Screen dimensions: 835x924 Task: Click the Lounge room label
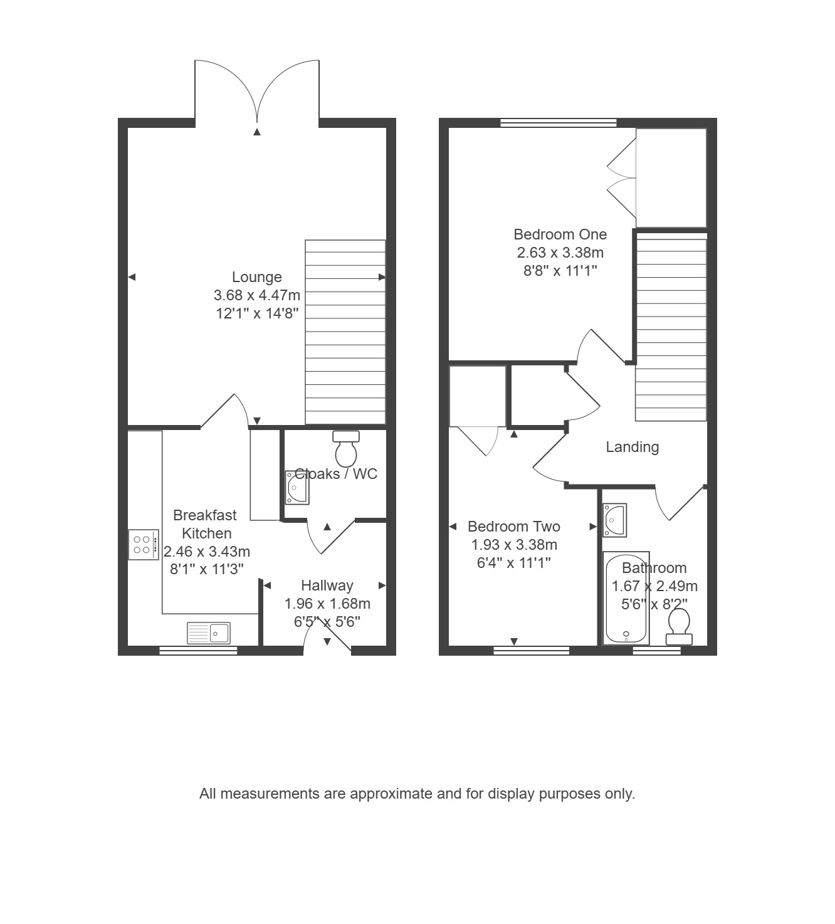256,277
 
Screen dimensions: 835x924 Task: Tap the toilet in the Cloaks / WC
345,449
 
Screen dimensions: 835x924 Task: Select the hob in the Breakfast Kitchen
144,545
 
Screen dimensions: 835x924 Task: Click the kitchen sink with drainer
208,633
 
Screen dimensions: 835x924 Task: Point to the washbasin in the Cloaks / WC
297,487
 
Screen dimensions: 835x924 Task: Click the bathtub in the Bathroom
626,598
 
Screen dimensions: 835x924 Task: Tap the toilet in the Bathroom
679,626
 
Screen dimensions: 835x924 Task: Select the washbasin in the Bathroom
614,520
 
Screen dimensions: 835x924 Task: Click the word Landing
633,447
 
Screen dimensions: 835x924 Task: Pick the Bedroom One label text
560,234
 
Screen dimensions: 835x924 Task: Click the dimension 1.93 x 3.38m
514,545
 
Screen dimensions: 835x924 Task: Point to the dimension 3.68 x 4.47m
256,295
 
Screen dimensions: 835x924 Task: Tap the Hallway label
327,585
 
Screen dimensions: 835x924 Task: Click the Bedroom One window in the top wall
559,122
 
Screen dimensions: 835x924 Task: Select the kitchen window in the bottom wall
198,651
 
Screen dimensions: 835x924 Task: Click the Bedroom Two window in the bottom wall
532,651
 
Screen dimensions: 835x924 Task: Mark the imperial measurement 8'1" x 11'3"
206,569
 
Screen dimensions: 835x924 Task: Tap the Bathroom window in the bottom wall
657,651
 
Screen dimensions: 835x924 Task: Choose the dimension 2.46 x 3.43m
206,552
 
